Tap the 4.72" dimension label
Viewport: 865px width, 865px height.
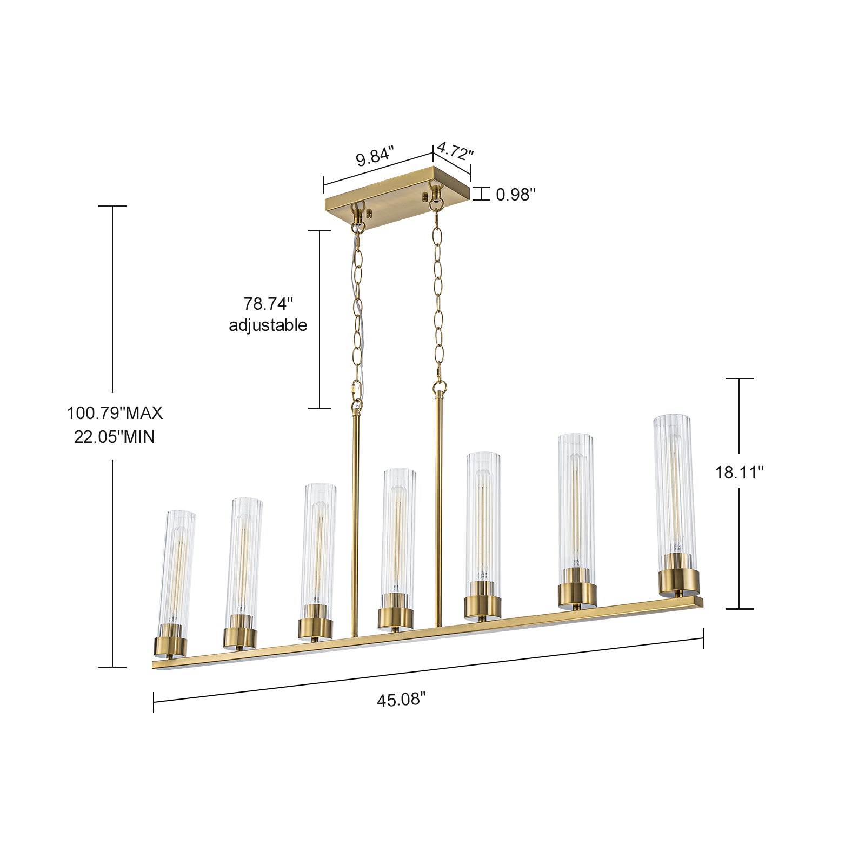coord(455,151)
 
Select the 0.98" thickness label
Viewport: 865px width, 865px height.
coord(516,195)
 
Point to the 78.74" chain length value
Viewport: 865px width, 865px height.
coord(268,304)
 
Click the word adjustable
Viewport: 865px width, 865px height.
coord(268,325)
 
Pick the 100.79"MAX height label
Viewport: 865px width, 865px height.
coord(115,413)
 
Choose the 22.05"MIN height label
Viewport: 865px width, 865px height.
coord(115,437)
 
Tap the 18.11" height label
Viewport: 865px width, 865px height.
coord(739,473)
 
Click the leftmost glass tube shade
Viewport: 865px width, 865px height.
coord(177,568)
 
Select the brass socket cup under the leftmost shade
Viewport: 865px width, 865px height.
coord(170,646)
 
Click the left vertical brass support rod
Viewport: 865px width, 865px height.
coord(355,519)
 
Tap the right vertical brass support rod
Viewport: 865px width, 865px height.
coord(438,508)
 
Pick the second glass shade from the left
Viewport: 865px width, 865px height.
coord(244,557)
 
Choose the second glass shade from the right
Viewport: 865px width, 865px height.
coord(576,503)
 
